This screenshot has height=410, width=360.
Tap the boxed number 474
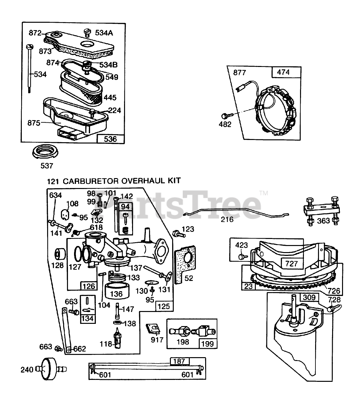[x=283, y=72]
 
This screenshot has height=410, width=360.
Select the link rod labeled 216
[x=236, y=213]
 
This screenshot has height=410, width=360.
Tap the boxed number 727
[x=291, y=264]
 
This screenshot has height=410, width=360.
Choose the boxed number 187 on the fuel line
[x=179, y=361]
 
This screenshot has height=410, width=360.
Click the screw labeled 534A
[x=87, y=32]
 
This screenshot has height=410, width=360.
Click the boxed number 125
[x=163, y=306]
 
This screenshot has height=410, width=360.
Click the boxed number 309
[x=309, y=298]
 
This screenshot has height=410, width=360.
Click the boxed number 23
[x=248, y=286]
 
